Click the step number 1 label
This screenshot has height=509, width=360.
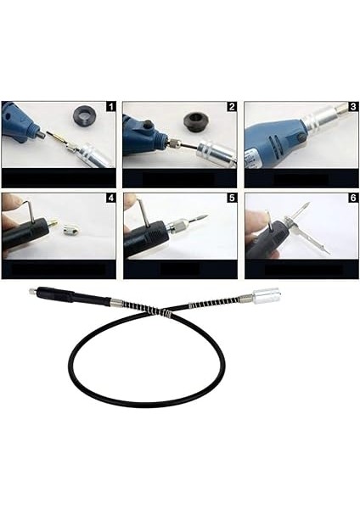(x=109, y=108)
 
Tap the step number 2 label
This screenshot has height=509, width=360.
(x=230, y=108)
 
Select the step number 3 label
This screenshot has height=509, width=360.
(x=352, y=108)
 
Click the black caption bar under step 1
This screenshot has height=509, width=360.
(x=59, y=178)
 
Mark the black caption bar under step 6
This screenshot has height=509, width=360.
(x=301, y=270)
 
